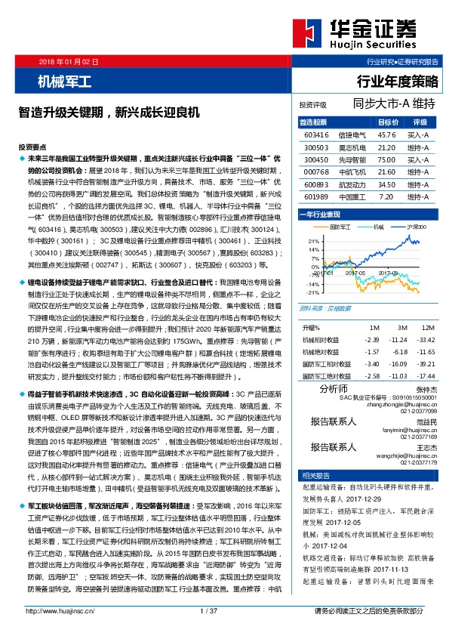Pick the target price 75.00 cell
tap(386, 160)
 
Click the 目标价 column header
tap(388, 122)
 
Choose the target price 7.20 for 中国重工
tap(386, 197)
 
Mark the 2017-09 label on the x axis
tap(388, 273)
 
